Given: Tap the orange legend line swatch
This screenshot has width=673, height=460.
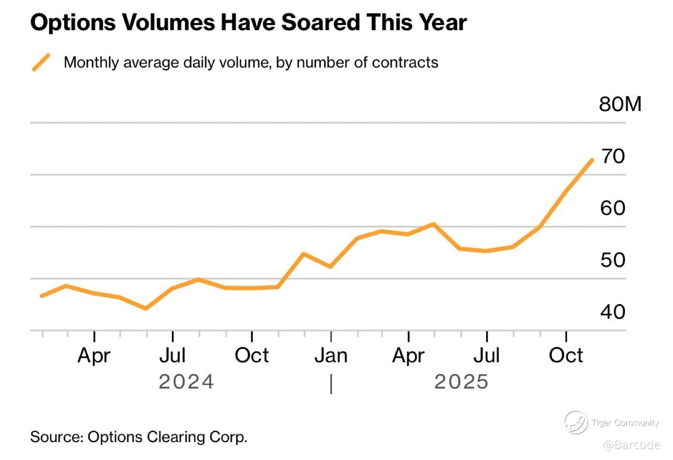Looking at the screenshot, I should pyautogui.click(x=41, y=62).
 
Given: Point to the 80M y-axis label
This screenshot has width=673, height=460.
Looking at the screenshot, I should pyautogui.click(x=620, y=104).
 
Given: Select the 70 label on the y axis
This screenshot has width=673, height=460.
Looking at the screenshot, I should pyautogui.click(x=613, y=156).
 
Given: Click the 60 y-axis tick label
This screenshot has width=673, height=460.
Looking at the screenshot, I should pyautogui.click(x=613, y=208).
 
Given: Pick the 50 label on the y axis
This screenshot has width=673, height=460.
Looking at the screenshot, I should pyautogui.click(x=613, y=260).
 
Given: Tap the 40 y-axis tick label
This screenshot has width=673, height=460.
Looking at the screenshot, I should pyautogui.click(x=613, y=312).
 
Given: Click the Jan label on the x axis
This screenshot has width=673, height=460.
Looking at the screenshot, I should pyautogui.click(x=331, y=356).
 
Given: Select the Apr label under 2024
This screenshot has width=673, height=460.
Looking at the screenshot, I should pyautogui.click(x=94, y=356).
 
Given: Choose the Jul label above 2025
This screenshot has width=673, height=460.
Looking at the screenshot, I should pyautogui.click(x=486, y=356).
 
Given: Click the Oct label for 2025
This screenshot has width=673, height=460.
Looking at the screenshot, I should pyautogui.click(x=566, y=356).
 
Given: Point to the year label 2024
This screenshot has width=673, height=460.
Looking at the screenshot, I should pyautogui.click(x=186, y=382).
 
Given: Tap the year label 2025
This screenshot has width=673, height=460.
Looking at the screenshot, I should pyautogui.click(x=461, y=382).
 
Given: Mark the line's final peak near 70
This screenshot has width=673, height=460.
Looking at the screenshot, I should pyautogui.click(x=592, y=160).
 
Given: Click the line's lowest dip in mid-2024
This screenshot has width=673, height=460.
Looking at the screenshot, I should pyautogui.click(x=146, y=308).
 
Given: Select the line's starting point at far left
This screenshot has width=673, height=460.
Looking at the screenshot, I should pyautogui.click(x=42, y=296).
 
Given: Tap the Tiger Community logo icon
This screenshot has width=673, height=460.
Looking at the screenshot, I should pyautogui.click(x=576, y=423).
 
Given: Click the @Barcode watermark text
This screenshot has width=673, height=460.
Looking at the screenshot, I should pyautogui.click(x=631, y=445).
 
